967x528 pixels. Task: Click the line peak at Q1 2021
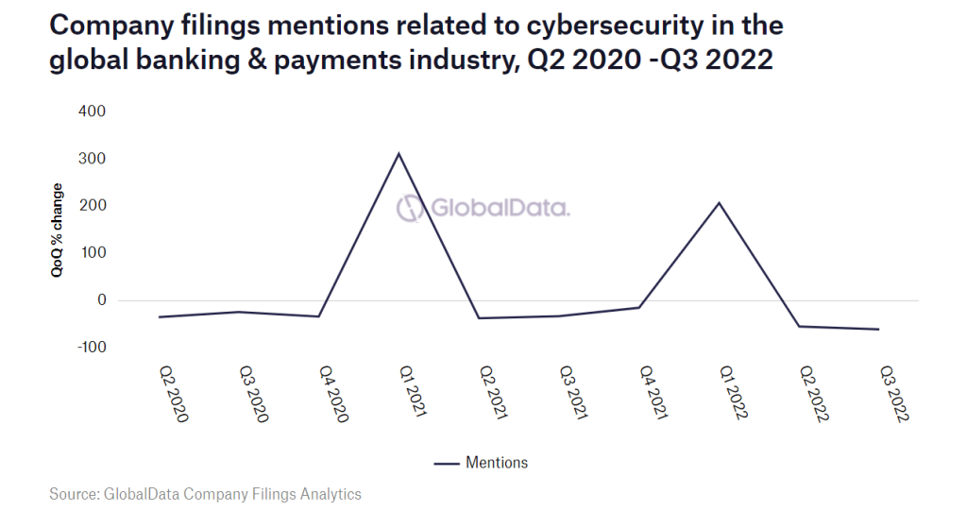(399, 153)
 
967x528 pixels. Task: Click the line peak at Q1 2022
(720, 203)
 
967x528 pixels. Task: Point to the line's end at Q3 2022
(879, 330)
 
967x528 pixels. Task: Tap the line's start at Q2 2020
(159, 317)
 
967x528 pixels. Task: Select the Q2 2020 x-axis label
(171, 393)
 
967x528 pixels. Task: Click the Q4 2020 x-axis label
(331, 393)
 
